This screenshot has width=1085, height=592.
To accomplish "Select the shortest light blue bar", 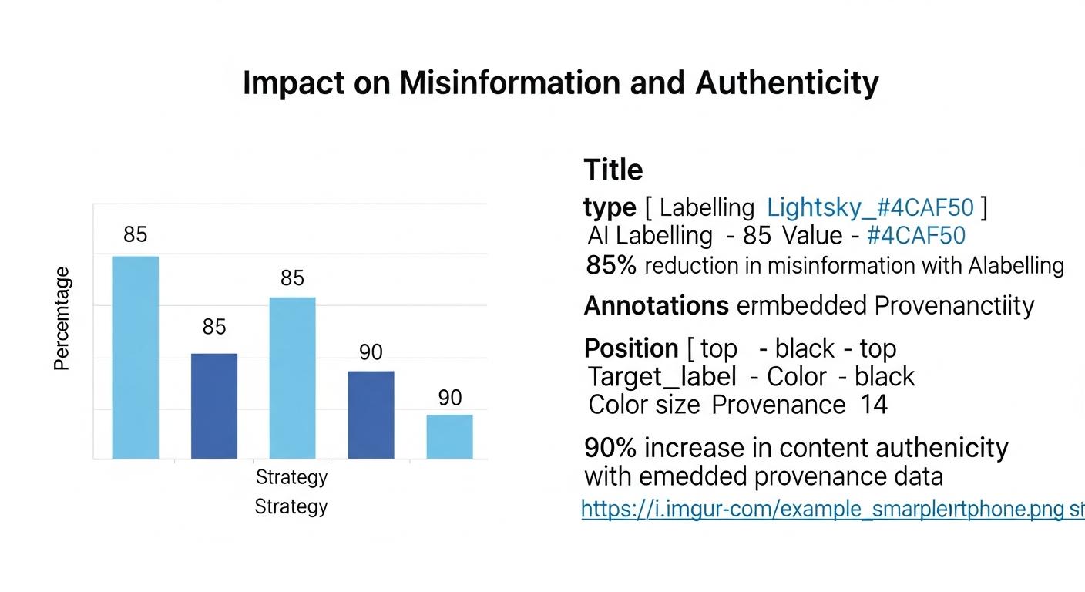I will [x=450, y=436].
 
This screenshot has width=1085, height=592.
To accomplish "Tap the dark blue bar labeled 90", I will [x=371, y=415].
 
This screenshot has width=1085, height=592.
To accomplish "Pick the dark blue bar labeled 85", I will [x=214, y=405].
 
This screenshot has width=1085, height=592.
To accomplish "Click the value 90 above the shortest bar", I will [x=450, y=398].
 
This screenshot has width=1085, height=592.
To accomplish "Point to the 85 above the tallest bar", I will [x=136, y=234].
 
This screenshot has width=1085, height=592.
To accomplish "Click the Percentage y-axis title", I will [x=62, y=318].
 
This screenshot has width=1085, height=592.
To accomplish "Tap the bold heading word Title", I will [x=613, y=170].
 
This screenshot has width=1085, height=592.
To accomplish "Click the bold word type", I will [x=610, y=207].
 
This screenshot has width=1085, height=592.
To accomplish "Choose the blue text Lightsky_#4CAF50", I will [x=871, y=207].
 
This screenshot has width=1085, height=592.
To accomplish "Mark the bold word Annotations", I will [x=656, y=306].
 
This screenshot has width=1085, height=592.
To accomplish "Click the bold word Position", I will [x=631, y=348].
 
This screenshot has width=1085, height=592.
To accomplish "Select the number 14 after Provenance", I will [x=874, y=405].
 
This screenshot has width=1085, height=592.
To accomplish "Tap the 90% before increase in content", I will [x=610, y=447].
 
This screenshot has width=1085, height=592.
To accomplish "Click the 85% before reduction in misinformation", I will [x=611, y=266].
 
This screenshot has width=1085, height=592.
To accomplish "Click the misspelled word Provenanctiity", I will [x=954, y=306].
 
